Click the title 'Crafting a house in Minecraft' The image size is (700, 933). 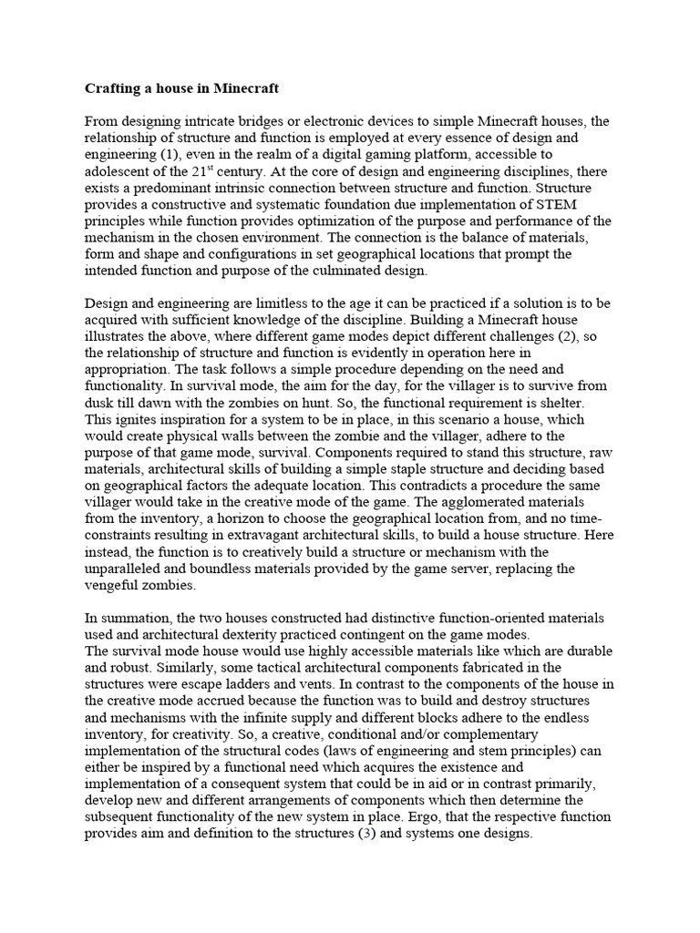[x=182, y=89]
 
